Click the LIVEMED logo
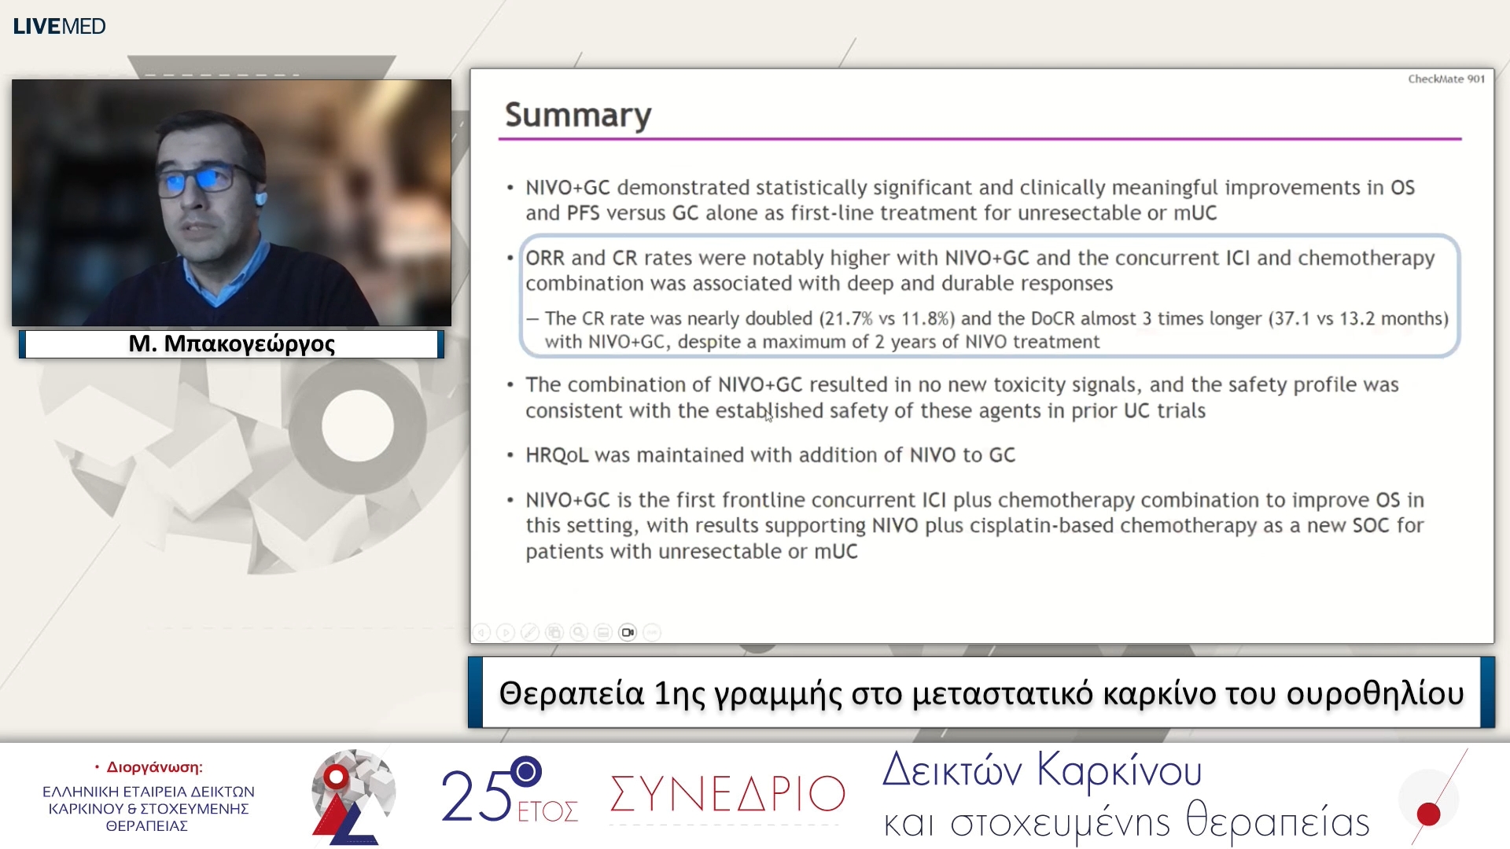pos(59,26)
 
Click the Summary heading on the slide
pos(578,116)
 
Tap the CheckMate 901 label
pos(1446,79)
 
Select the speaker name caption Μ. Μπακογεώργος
pos(231,344)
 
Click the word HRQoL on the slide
pos(556,455)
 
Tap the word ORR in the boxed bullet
pos(544,258)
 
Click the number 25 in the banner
pos(476,796)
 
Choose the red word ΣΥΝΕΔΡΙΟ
pos(727,795)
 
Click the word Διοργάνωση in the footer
pos(154,767)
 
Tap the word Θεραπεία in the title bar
pos(572,693)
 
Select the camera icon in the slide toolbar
pos(628,632)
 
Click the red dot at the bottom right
pos(1428,814)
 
